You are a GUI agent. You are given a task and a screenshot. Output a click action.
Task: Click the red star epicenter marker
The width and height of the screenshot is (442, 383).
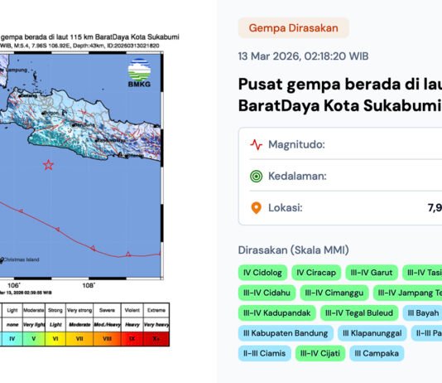[x=48, y=164]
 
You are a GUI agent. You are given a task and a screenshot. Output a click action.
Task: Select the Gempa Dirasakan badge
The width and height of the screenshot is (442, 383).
[x=293, y=28]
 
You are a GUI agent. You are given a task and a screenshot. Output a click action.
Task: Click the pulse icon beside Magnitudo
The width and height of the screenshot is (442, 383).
[x=257, y=144]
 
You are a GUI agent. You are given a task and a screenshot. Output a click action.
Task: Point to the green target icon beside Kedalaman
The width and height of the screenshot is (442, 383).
[x=257, y=176]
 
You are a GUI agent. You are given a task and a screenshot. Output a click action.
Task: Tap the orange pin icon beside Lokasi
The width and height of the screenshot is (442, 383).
[x=257, y=207]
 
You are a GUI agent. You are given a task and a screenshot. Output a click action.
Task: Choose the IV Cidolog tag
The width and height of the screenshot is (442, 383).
[x=262, y=273]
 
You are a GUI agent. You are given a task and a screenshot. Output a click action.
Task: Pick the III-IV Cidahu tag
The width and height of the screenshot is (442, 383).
[x=267, y=293]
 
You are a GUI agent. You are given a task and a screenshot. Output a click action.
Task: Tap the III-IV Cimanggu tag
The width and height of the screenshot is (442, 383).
[x=332, y=293]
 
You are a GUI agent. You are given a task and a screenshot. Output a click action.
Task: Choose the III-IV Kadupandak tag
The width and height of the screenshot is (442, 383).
[x=276, y=313]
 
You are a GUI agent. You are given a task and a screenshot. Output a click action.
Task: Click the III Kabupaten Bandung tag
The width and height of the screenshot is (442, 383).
[x=286, y=333]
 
